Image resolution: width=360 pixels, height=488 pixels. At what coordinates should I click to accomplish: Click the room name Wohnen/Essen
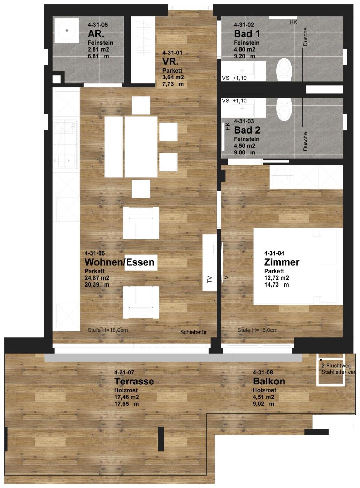point(119,262)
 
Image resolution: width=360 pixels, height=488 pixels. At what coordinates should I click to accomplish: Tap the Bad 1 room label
point(247,34)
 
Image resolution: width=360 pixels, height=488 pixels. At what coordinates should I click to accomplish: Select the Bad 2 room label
point(247,130)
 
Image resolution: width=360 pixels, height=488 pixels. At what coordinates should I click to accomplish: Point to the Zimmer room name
point(282,262)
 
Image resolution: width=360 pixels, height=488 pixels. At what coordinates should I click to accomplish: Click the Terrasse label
point(134,381)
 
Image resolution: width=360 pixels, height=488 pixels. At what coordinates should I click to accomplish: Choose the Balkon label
point(269,381)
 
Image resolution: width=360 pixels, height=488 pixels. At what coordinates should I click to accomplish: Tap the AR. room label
point(96,34)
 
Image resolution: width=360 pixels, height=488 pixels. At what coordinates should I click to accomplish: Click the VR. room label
point(170,62)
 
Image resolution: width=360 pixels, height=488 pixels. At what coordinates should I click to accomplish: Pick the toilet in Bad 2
point(284,109)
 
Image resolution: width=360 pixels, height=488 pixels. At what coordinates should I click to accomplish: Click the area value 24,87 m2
point(97,278)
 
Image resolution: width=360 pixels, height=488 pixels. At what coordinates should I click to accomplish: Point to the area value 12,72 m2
point(276,278)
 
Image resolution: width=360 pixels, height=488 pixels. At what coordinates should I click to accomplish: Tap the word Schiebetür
point(193,332)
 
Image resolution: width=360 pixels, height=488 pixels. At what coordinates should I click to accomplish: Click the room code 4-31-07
point(124,372)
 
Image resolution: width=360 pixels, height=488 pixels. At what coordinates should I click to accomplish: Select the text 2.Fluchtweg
point(336,366)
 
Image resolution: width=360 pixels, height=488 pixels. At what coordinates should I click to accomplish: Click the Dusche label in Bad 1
point(305,37)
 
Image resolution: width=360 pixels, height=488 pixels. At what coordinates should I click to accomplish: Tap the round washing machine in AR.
point(67,30)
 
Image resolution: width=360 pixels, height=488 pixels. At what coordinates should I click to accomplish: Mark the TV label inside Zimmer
point(226,279)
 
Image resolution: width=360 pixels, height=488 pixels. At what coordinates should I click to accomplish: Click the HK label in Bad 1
point(293,22)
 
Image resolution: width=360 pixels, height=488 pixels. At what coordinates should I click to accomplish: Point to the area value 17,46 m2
point(127,397)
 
